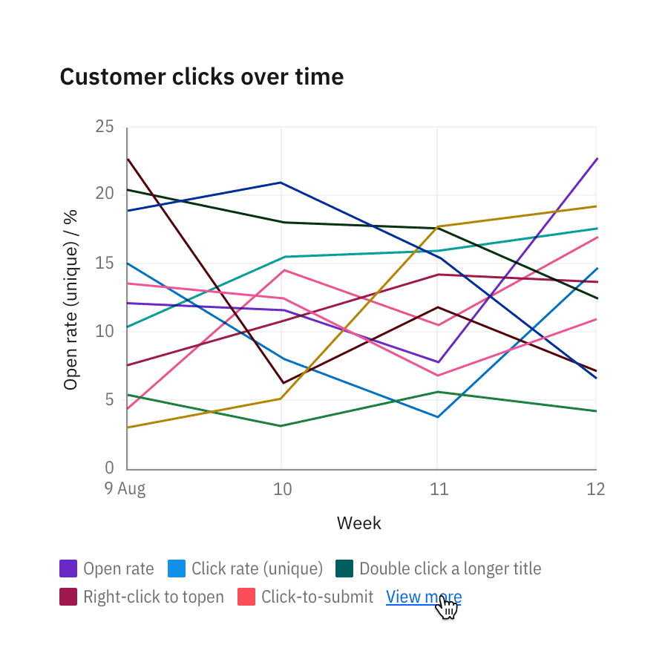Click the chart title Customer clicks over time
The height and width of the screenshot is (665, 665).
tap(201, 76)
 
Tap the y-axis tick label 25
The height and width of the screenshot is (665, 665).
tap(105, 127)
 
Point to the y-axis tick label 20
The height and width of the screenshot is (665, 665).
tap(105, 194)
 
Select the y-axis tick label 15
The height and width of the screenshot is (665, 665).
tap(105, 263)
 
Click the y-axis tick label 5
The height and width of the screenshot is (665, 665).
tap(109, 400)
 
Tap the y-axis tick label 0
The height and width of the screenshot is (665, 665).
tap(109, 468)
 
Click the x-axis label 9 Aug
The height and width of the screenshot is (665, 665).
tap(125, 489)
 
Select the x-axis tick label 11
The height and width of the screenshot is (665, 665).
tap(438, 489)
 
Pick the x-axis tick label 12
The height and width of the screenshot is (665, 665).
tap(595, 489)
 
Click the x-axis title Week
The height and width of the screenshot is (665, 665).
tap(358, 523)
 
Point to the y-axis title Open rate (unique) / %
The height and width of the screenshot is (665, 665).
tap(71, 298)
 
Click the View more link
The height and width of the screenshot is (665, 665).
tap(423, 597)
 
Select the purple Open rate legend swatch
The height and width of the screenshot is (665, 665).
tap(68, 569)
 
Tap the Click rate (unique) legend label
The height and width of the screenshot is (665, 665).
tap(257, 569)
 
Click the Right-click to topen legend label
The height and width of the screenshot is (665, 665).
tap(153, 597)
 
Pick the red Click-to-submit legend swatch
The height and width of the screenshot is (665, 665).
tap(246, 597)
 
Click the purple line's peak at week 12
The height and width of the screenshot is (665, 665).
tap(597, 158)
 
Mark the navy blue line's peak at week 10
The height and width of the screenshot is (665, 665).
tap(281, 183)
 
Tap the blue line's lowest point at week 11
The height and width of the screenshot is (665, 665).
tap(438, 417)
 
